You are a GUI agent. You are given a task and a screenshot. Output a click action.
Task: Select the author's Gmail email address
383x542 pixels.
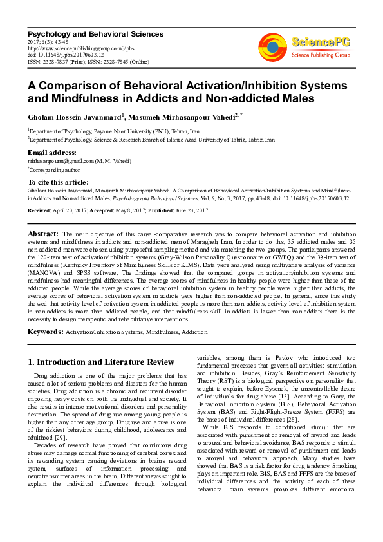pos(61,160)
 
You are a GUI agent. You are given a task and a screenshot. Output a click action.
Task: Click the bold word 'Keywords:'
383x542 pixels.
pos(45,332)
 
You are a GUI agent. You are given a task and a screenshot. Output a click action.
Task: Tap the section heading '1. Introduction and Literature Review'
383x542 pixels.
pos(100,362)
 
